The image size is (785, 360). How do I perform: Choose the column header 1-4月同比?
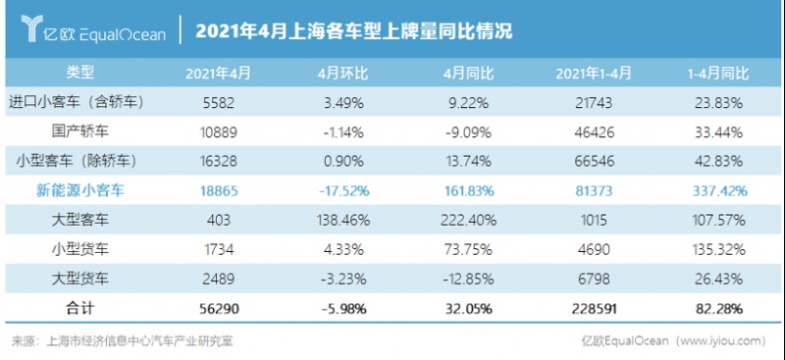point(717,74)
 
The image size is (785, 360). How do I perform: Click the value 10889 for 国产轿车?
point(219,130)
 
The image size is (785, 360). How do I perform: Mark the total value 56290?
point(219,308)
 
